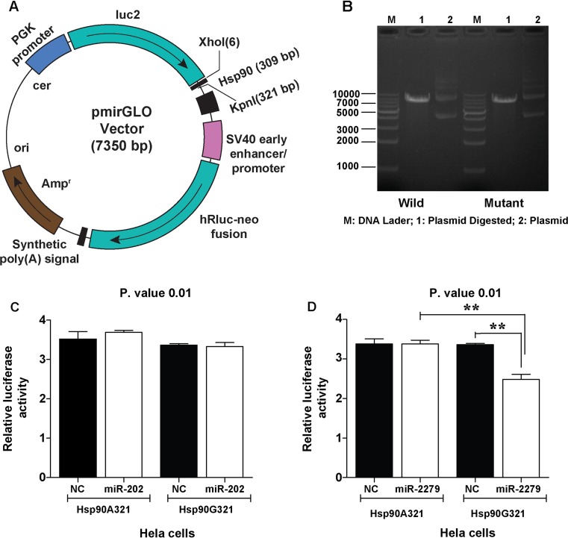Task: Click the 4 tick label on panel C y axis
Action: [x=52, y=320]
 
